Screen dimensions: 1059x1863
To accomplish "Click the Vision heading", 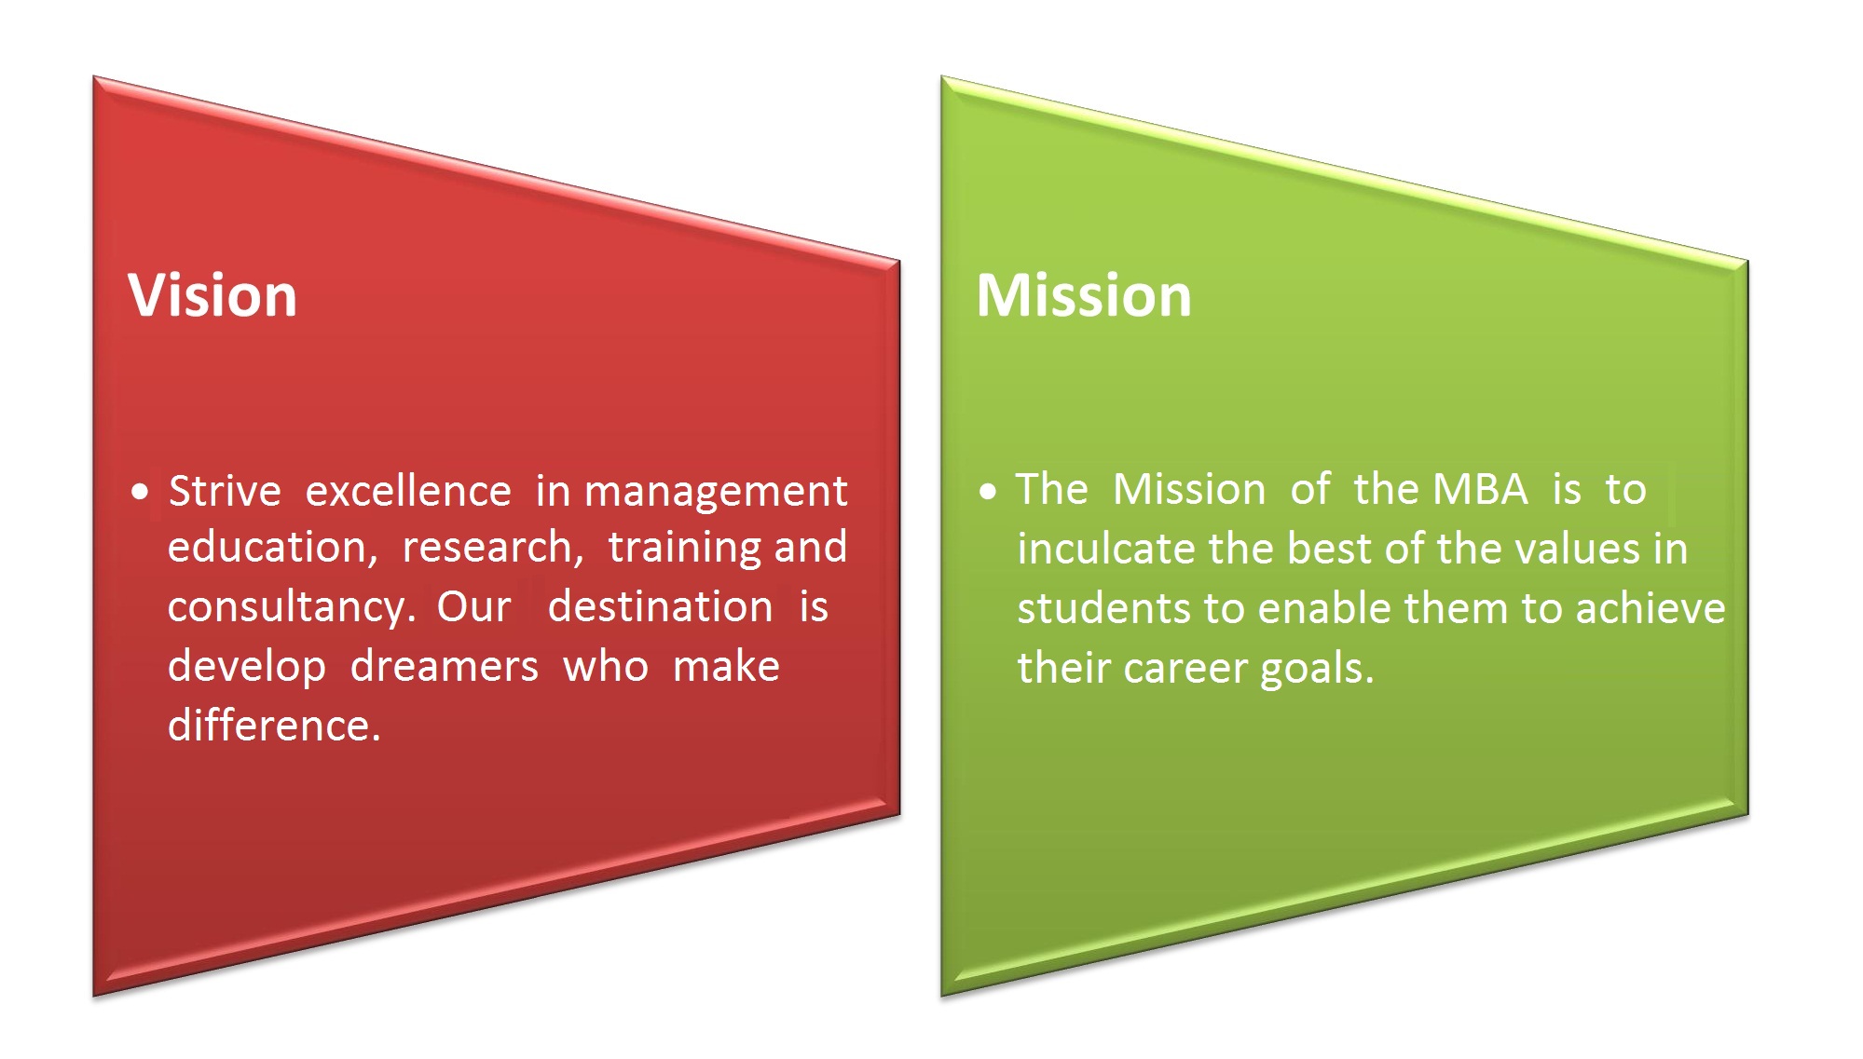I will pyautogui.click(x=212, y=296).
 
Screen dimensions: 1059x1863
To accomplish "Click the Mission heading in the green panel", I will pyautogui.click(x=1084, y=296).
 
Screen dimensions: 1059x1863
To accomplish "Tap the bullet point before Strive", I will pyautogui.click(x=141, y=492).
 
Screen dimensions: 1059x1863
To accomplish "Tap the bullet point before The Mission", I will pyautogui.click(x=989, y=491).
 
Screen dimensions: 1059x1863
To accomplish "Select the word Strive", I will pyautogui.click(x=225, y=491).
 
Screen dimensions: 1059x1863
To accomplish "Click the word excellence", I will pyautogui.click(x=408, y=491).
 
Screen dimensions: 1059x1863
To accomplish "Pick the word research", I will pyautogui.click(x=492, y=548).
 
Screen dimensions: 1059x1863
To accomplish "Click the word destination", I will pyautogui.click(x=660, y=606).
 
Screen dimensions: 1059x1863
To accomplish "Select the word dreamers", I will pyautogui.click(x=445, y=666).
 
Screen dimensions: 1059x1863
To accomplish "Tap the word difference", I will pyautogui.click(x=274, y=726).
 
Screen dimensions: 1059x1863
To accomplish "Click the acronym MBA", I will pyautogui.click(x=1480, y=489).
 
